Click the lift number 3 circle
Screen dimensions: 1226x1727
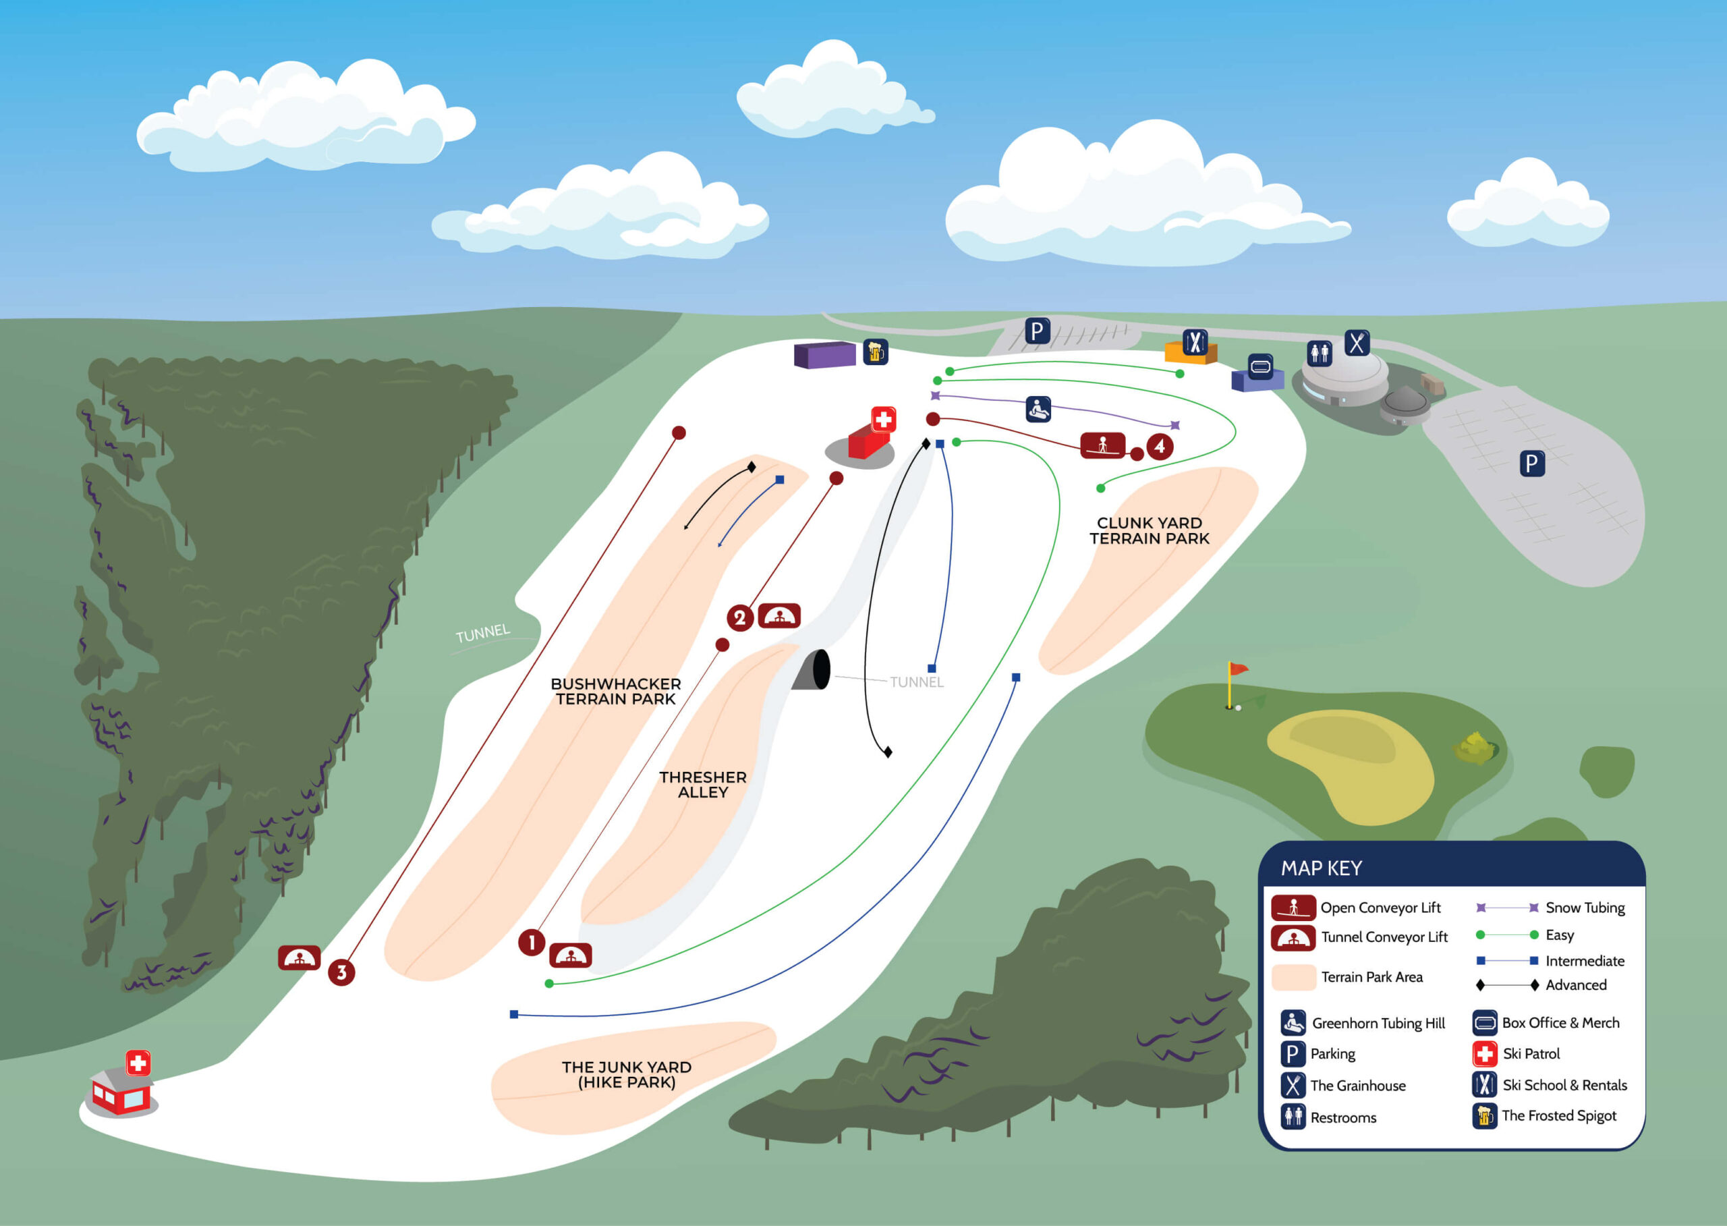click(341, 972)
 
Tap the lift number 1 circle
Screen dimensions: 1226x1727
click(532, 942)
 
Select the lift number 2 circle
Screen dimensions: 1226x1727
click(740, 618)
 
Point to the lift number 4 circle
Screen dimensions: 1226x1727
click(1160, 446)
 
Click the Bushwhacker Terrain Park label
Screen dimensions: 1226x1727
click(616, 692)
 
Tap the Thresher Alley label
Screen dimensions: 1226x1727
click(703, 784)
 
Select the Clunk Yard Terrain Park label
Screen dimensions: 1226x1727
click(1150, 531)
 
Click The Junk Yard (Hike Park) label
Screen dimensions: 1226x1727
click(627, 1074)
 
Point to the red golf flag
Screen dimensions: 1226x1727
click(1238, 669)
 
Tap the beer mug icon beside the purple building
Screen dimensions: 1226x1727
click(876, 352)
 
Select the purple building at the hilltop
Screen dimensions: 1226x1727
click(824, 355)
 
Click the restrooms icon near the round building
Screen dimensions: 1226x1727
click(1320, 352)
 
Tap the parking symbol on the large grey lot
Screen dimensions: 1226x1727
click(1531, 464)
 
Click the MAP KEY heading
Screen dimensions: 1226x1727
click(1322, 868)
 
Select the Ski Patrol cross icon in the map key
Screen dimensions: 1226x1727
click(1485, 1053)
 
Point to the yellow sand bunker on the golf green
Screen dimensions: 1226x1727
click(1351, 762)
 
